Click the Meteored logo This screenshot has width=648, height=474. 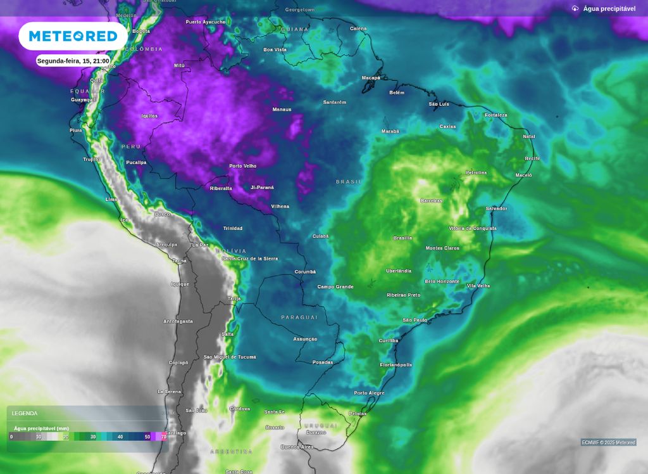[73, 36]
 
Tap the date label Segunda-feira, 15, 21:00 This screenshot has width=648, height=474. [73, 61]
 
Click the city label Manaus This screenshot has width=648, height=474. [282, 110]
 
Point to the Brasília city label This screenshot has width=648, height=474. [402, 238]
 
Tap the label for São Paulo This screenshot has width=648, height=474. [415, 321]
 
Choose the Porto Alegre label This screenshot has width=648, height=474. [369, 394]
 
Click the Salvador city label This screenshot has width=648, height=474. [496, 208]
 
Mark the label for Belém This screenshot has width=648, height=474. [397, 93]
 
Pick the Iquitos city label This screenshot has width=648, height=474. [149, 116]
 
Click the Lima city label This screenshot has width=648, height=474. [111, 200]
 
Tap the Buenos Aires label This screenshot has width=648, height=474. [297, 447]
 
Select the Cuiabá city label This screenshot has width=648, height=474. [320, 236]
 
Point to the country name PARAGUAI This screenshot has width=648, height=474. [299, 317]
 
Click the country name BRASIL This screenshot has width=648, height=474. [349, 182]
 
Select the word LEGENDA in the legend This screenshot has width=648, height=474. [25, 413]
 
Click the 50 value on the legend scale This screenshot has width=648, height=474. [147, 437]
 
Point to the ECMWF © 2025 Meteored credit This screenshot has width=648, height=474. [608, 442]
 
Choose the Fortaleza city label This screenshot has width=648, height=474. [496, 115]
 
